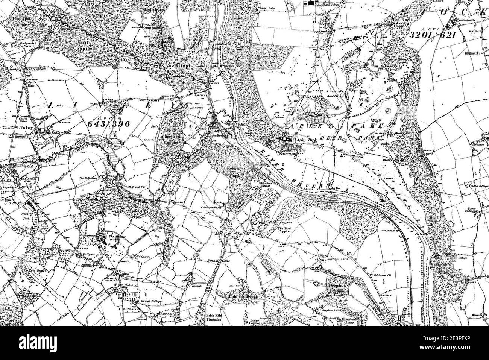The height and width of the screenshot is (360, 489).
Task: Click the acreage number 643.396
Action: tap(108, 123)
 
